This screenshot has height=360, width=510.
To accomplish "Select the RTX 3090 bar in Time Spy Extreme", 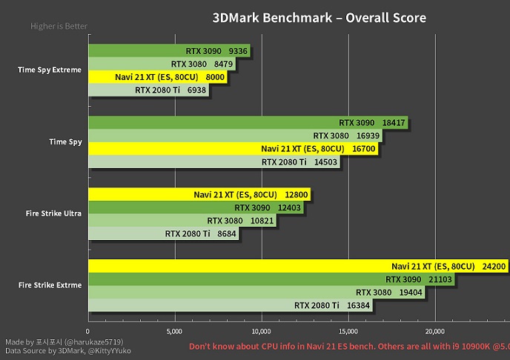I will point(170,50).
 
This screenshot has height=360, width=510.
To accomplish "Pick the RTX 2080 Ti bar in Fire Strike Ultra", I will point(163,233).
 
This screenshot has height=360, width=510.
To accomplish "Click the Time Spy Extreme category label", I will point(49,70).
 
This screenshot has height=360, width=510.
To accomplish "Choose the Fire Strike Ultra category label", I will point(53,214).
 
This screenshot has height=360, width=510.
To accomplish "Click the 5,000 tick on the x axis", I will point(174,331).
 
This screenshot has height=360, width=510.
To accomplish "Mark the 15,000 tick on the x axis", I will point(348,331).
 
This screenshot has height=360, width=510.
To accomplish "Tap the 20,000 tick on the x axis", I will point(434,331).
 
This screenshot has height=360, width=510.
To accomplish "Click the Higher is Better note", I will point(59,27).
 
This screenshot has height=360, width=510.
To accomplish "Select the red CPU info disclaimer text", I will point(348,347).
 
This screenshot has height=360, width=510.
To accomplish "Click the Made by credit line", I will point(64,341).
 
